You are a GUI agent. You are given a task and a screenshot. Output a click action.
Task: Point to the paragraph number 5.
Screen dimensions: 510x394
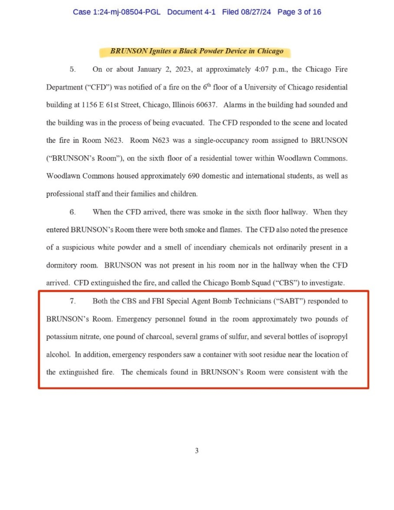coord(73,69)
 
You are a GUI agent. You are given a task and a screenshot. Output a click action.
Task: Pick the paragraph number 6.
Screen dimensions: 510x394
coord(73,212)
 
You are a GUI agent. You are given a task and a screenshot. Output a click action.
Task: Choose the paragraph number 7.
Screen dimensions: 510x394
coord(73,301)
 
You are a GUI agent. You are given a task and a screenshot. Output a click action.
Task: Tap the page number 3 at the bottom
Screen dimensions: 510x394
coord(197,451)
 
